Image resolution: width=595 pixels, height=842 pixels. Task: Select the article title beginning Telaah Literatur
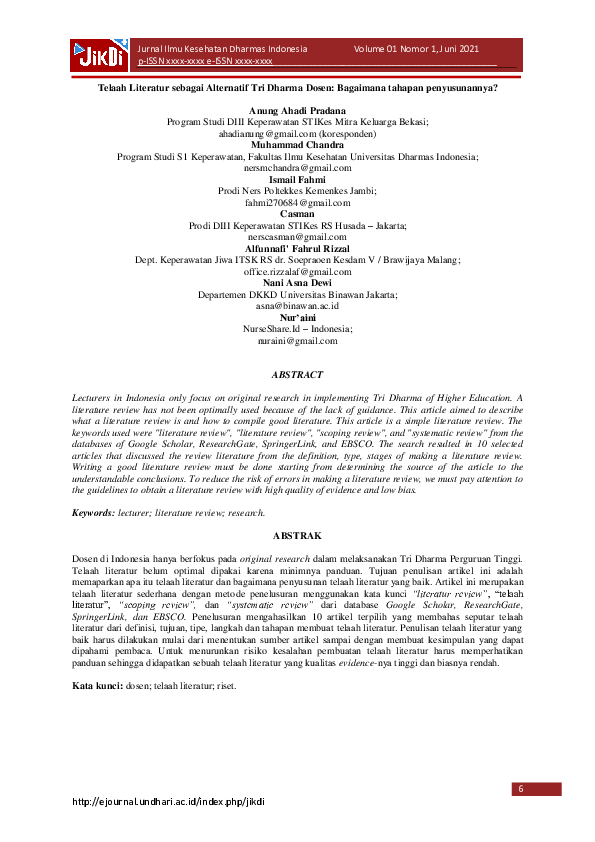(298, 87)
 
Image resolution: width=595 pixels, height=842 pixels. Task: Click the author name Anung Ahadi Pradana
(298, 109)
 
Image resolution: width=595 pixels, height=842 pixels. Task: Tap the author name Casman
(298, 213)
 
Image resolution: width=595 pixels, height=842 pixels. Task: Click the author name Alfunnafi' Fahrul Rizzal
(298, 247)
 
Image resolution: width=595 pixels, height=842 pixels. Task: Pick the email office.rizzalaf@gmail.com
(298, 271)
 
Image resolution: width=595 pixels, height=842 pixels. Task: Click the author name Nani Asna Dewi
(298, 282)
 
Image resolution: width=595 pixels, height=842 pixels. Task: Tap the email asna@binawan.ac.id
(298, 306)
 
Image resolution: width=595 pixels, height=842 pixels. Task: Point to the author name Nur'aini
(298, 317)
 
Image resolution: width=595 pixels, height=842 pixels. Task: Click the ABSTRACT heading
(298, 375)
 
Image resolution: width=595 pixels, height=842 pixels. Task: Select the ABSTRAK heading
(298, 536)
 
